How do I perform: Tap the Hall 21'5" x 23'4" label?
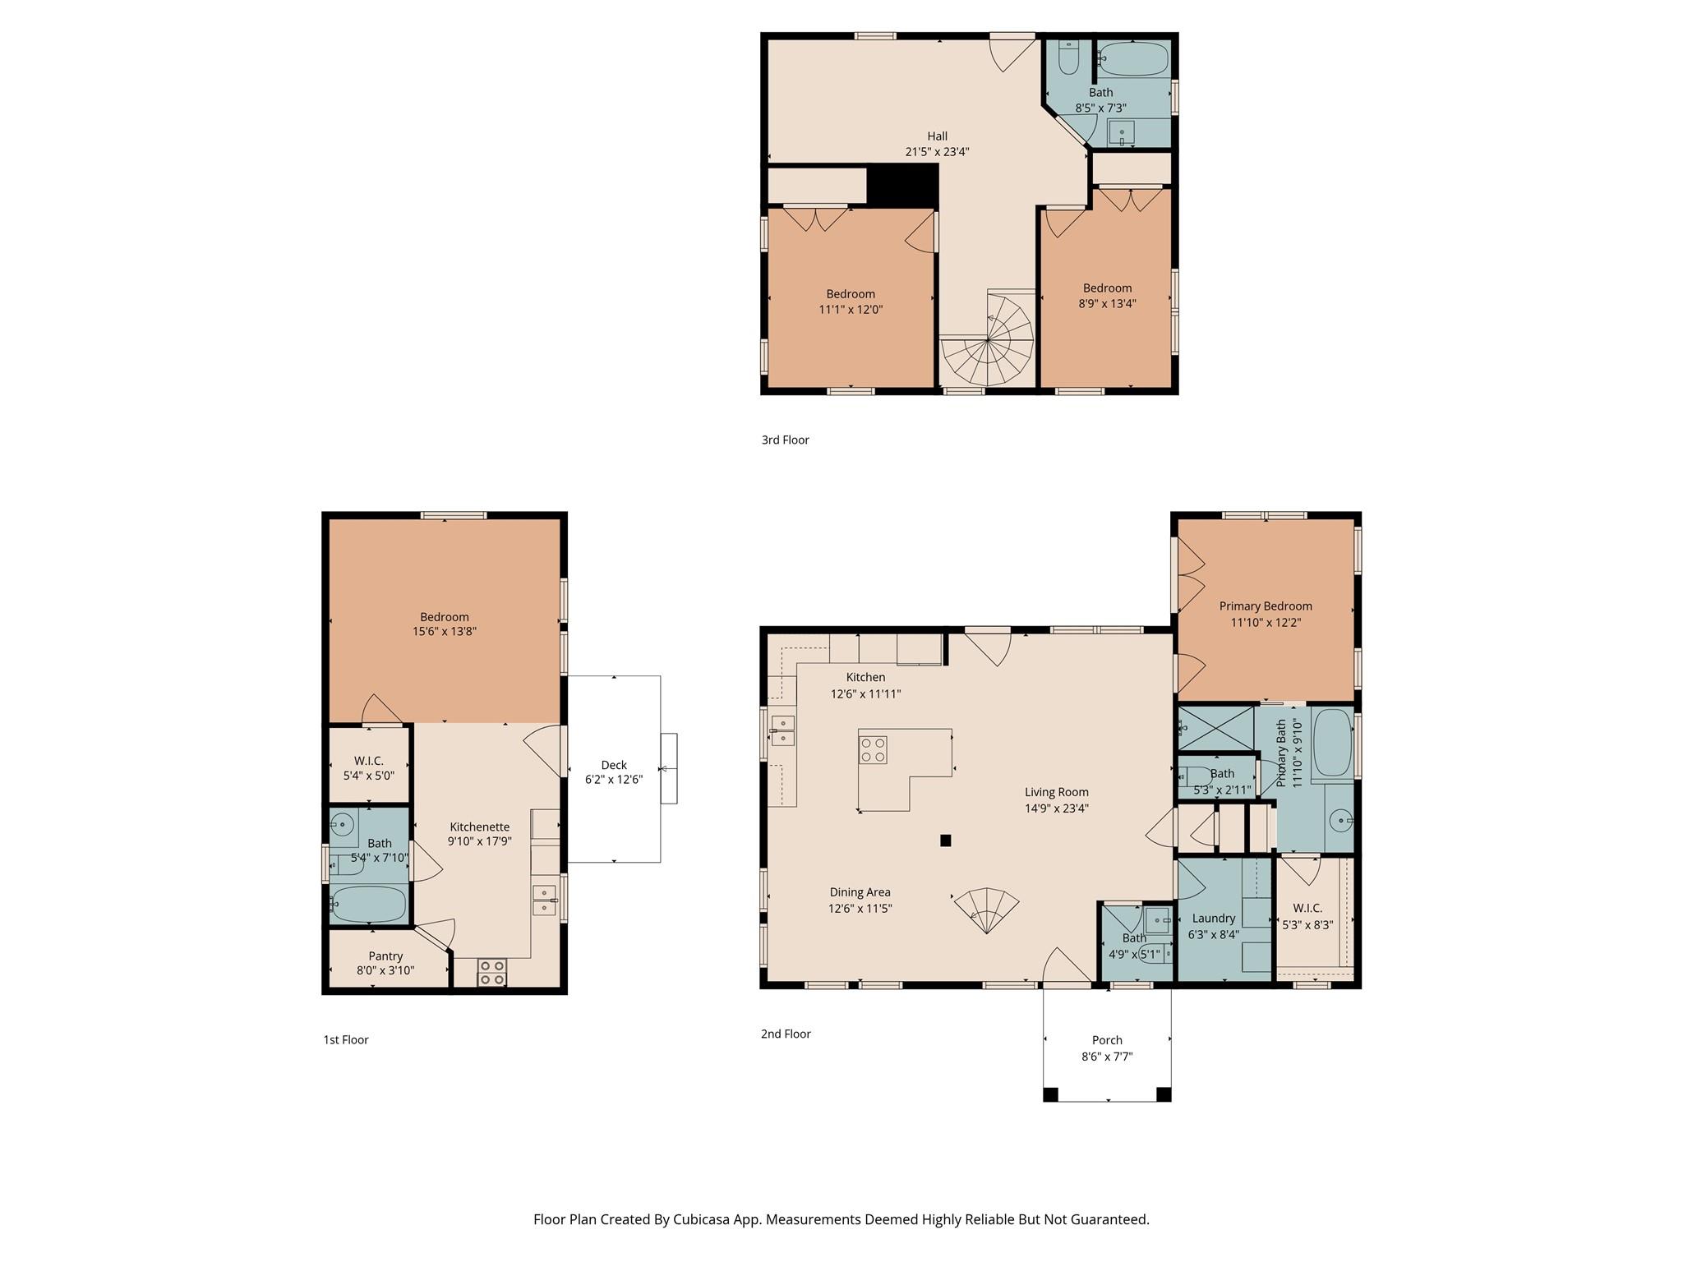pos(937,144)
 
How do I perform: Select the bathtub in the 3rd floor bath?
pos(1134,59)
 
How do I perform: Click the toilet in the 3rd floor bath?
pos(1068,58)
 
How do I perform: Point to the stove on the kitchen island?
pos(873,749)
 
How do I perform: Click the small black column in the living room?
pos(946,841)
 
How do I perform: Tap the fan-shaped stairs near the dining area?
pos(986,909)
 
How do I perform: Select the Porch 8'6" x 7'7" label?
pos(1107,1048)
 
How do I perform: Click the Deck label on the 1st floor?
pos(613,765)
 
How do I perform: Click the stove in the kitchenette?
pos(492,973)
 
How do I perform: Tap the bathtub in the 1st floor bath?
pos(369,904)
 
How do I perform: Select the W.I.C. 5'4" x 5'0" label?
pos(369,767)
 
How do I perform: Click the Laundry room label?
pos(1213,919)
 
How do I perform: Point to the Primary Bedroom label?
pos(1266,606)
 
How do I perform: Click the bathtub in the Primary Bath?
pos(1332,742)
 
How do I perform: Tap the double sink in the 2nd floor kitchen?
pos(782,730)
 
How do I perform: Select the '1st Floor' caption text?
pos(346,1039)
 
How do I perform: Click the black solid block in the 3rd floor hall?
pos(903,185)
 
